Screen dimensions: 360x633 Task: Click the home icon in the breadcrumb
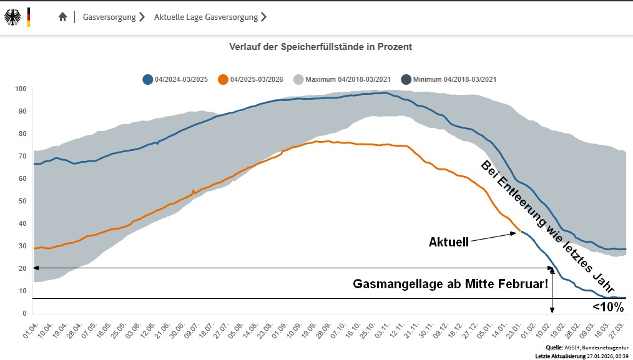click(x=62, y=17)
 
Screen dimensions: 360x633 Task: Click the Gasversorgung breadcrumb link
click(x=109, y=17)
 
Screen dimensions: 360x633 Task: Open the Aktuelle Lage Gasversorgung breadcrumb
click(x=206, y=17)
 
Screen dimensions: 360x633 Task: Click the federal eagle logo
click(x=12, y=17)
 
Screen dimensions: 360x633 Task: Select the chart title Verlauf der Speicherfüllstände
click(x=320, y=47)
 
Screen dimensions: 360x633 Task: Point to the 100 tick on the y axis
click(x=21, y=89)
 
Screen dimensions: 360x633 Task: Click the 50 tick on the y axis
click(x=22, y=201)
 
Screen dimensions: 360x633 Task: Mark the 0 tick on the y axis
click(x=24, y=313)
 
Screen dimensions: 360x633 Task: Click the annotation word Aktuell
click(x=448, y=242)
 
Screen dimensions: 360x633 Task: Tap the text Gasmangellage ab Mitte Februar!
click(x=450, y=284)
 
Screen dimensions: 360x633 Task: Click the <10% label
click(x=607, y=307)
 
